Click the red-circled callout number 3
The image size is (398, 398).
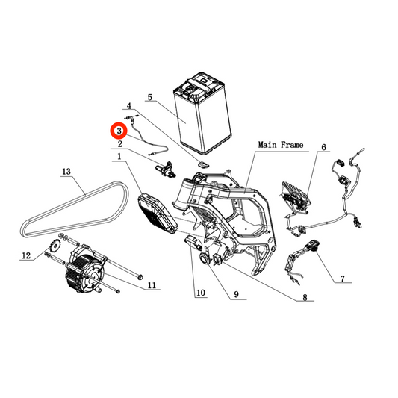(x=119, y=131)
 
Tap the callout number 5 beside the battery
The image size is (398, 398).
(x=150, y=97)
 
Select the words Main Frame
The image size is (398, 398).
(x=281, y=145)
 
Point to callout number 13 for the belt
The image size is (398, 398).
(x=66, y=172)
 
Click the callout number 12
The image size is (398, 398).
(x=26, y=255)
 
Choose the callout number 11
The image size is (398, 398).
(x=152, y=285)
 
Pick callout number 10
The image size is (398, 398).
(x=201, y=293)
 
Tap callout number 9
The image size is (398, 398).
(x=236, y=294)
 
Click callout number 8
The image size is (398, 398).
(x=305, y=297)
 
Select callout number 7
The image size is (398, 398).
(x=343, y=279)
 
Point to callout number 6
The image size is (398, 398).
(x=323, y=147)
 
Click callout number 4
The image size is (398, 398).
(x=129, y=105)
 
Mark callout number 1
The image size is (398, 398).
(x=119, y=157)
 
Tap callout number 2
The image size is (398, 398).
(x=120, y=144)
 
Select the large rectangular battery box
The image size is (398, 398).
(x=202, y=114)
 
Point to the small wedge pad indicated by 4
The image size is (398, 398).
(x=203, y=164)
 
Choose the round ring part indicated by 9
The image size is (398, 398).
(x=205, y=258)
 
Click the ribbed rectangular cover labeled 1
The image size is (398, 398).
(x=158, y=214)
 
